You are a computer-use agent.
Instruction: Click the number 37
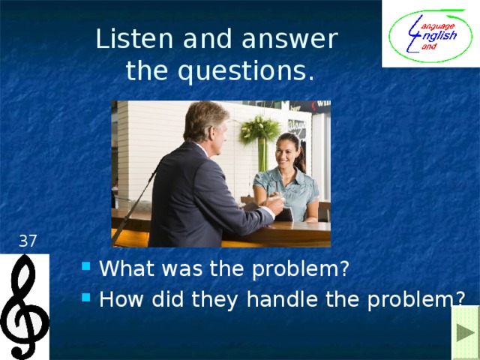pyautogui.click(x=28, y=241)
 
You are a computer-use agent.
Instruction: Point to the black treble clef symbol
pyautogui.click(x=24, y=306)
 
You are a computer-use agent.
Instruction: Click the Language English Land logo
pyautogui.click(x=430, y=34)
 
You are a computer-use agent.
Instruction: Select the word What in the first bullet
pyautogui.click(x=126, y=268)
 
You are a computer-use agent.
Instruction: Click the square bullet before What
pyautogui.click(x=88, y=266)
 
